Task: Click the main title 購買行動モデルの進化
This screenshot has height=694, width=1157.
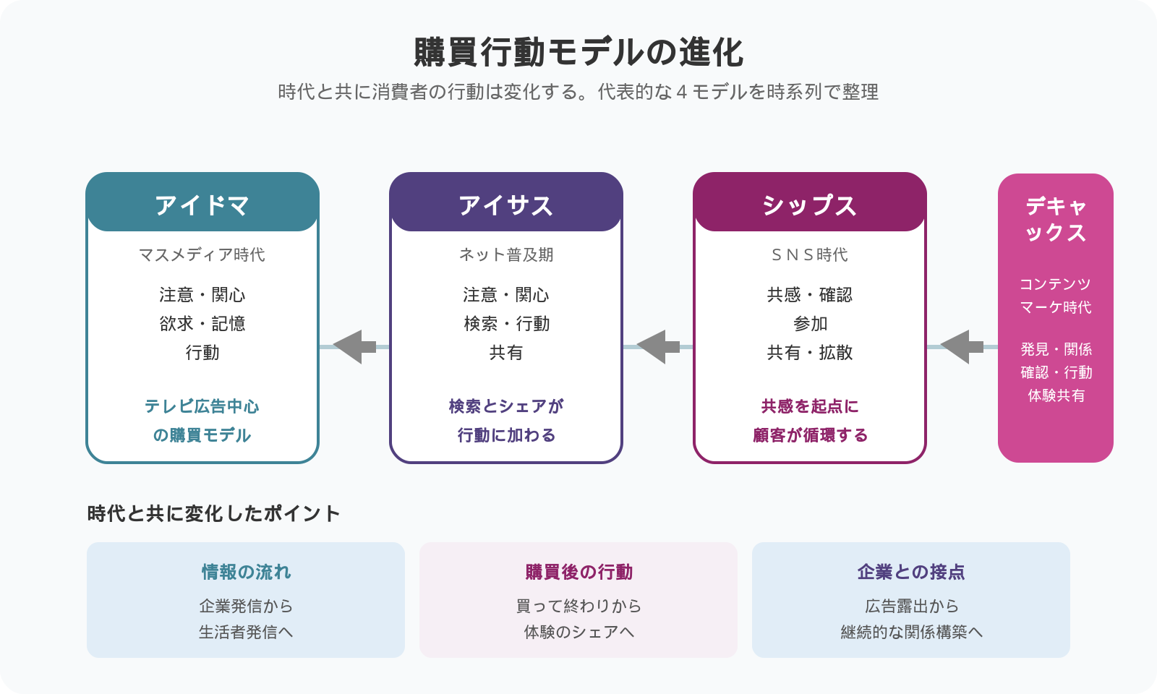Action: point(578,52)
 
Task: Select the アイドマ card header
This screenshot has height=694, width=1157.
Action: point(202,202)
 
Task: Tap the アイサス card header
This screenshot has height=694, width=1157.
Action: point(506,202)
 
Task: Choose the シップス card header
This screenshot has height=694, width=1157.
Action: point(810,202)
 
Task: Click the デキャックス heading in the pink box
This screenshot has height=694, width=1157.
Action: point(1056,220)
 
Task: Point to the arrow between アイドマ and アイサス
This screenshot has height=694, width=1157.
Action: point(354,347)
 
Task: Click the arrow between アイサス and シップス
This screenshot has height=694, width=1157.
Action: point(658,347)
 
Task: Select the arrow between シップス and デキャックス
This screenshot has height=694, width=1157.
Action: point(962,347)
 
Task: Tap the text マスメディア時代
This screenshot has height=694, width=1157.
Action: point(202,254)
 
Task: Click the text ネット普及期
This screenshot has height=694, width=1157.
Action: point(506,254)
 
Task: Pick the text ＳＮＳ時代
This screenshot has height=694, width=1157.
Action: point(810,254)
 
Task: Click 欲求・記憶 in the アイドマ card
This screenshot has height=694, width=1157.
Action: point(202,324)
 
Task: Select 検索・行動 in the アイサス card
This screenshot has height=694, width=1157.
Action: point(506,324)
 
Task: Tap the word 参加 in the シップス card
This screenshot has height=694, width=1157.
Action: point(810,324)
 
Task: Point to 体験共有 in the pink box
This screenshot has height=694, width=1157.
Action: point(1056,395)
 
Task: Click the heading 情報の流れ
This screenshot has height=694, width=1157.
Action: point(246,572)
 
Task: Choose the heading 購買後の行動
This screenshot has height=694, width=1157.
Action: point(578,572)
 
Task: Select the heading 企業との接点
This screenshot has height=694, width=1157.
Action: point(911,572)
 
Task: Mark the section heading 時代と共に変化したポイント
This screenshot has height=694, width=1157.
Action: point(214,514)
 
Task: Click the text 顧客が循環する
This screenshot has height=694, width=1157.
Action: point(810,435)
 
